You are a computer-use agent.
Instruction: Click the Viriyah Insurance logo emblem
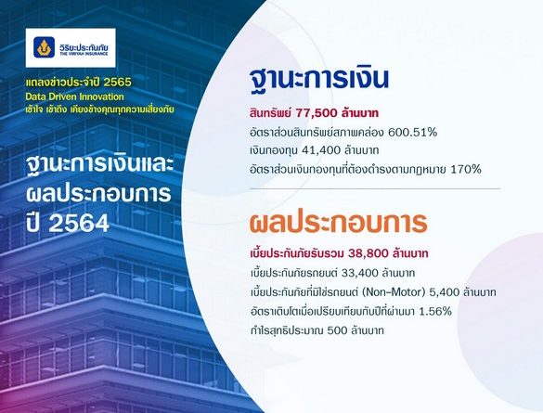44,47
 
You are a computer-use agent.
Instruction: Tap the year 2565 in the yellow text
117,82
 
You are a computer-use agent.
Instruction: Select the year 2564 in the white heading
79,223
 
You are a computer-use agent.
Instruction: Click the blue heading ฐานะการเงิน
319,79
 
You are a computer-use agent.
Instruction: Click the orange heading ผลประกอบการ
339,223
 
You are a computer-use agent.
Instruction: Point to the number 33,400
359,273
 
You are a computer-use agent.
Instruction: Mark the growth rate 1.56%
435,311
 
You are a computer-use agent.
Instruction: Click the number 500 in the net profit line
337,330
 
